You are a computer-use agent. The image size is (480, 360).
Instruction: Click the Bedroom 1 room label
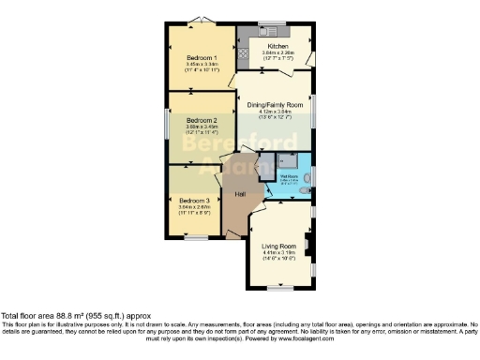(202, 57)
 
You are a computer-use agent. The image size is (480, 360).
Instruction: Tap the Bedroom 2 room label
(202, 121)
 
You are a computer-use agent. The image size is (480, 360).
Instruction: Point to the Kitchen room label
(277, 46)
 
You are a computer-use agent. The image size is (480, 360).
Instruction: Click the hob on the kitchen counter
(244, 52)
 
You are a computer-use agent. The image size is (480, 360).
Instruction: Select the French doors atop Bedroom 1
(199, 22)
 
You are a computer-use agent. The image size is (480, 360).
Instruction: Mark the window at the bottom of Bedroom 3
(195, 238)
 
